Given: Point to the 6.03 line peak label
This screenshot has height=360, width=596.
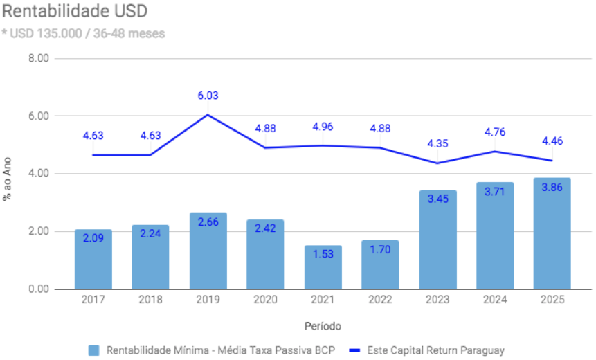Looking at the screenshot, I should click(208, 96).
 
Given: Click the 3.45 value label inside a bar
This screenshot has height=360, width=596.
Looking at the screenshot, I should click(437, 199).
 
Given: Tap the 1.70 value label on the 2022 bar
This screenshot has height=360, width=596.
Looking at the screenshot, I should click(380, 249).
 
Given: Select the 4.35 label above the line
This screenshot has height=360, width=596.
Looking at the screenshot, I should click(437, 144).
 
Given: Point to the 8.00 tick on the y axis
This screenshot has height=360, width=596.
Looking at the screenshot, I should click(39, 58).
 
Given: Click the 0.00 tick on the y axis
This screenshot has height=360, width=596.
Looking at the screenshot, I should click(39, 289).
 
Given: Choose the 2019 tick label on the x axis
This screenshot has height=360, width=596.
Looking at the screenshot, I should click(208, 300).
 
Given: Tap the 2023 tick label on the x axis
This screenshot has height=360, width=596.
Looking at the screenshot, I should click(437, 300).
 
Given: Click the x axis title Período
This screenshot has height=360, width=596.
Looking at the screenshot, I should click(323, 325).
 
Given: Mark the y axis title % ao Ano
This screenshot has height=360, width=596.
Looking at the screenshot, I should click(8, 179).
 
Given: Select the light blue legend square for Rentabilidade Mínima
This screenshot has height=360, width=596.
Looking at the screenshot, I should click(94, 350).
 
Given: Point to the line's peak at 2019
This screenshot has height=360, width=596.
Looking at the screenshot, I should click(208, 114).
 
